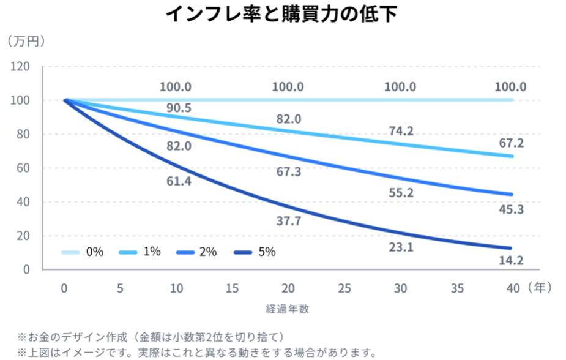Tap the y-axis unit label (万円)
[27, 42]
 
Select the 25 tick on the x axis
[344, 288]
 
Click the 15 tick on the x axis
[232, 288]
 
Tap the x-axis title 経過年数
[288, 309]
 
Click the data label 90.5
[179, 108]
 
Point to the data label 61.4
[179, 181]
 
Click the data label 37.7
[288, 221]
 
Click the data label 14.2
[511, 260]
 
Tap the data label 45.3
[511, 209]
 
